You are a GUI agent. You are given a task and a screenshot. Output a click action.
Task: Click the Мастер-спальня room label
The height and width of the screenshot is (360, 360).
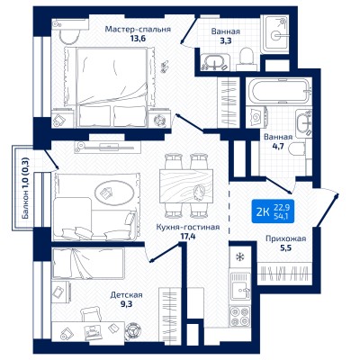pos(138,30)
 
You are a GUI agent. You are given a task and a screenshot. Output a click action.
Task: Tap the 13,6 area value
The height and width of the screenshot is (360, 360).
pos(138,39)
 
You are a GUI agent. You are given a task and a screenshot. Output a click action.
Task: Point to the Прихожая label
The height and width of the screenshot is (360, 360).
pos(286,238)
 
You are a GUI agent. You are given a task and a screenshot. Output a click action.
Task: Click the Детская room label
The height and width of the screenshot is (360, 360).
pos(126,295)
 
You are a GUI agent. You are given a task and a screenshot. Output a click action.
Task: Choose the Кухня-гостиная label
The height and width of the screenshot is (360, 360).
pos(188,228)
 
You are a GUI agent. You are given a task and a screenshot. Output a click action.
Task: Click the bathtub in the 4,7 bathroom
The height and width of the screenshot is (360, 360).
pos(278,91)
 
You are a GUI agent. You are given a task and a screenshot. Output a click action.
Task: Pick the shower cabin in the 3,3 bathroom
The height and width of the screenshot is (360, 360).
pos(275,33)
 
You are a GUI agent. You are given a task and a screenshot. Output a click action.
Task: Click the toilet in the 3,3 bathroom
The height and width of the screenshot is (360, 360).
pos(247,58)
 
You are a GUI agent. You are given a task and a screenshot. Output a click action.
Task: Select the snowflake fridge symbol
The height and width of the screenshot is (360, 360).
pos(239,256)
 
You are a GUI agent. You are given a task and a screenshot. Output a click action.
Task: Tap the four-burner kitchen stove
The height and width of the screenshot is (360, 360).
pos(239,316)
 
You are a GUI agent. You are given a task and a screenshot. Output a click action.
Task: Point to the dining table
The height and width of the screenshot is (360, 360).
pos(186,186)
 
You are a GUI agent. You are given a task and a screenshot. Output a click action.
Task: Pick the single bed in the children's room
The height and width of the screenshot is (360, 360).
pos(88,264)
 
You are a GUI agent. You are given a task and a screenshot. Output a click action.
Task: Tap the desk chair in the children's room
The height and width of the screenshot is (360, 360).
pos(91,314)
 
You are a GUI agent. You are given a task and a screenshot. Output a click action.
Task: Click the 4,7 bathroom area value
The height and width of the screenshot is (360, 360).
pos(278,147)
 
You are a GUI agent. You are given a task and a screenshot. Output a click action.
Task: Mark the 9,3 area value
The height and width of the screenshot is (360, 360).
pos(126,304)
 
